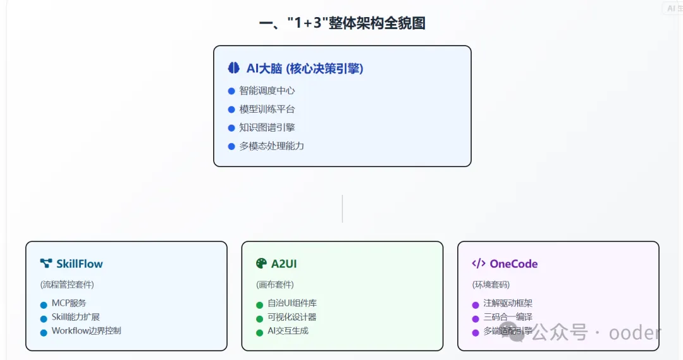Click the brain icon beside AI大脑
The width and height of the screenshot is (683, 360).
(234, 68)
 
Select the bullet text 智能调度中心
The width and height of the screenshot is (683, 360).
(267, 90)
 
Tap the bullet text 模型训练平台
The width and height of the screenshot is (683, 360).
(267, 109)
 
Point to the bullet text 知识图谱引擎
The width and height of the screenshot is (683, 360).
(267, 127)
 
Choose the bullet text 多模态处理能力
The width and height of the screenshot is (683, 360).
(271, 146)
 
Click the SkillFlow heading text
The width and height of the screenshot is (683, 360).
(79, 264)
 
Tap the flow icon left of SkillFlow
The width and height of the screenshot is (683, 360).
(46, 263)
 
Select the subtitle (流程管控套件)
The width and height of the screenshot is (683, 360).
(67, 285)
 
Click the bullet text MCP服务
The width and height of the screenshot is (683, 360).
(69, 303)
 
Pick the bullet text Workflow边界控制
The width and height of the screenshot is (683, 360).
(86, 330)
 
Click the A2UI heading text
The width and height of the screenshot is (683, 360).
(284, 264)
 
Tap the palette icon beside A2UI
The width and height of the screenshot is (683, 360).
(262, 263)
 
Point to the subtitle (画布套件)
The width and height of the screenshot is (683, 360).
(275, 285)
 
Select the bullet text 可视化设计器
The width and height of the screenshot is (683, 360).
(292, 317)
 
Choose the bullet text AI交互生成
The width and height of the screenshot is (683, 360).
(288, 330)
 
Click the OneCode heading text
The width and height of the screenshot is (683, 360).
(514, 264)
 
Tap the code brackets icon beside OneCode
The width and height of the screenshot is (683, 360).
(479, 263)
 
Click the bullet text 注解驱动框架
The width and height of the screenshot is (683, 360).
(508, 303)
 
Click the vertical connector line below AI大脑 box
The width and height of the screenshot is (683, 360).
(342, 209)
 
